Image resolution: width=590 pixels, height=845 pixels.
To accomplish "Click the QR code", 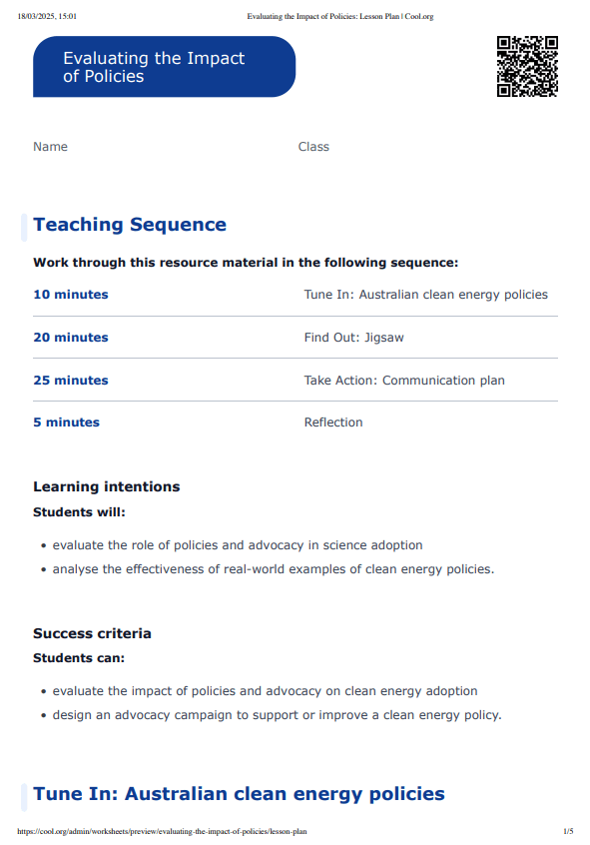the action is tap(527, 66).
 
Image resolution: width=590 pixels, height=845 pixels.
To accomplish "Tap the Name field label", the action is tap(50, 147).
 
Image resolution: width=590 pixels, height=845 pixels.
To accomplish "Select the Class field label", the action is tap(313, 147).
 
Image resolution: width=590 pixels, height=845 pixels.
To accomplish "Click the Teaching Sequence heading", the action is tap(130, 225).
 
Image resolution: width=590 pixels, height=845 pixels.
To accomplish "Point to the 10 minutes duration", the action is tap(71, 295).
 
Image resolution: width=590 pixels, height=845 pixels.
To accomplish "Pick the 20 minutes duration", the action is tap(71, 338).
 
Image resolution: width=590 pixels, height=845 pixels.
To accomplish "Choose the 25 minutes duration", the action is tap(71, 381).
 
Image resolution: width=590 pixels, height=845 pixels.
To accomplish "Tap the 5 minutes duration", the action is tap(67, 422).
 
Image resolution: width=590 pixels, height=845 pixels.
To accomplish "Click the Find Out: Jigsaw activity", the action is tap(353, 338).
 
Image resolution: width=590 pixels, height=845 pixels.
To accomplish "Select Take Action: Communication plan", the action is tap(404, 381).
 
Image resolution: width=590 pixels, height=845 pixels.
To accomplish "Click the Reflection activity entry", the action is tap(333, 422).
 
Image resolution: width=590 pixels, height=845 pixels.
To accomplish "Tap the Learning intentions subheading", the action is tap(107, 486).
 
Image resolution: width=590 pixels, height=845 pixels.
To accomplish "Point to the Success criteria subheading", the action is tap(92, 633).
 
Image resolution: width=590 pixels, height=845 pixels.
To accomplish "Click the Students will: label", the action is tap(80, 511).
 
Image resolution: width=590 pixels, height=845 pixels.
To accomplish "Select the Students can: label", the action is tap(79, 657).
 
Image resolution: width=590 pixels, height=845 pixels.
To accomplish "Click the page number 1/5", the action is tap(568, 831).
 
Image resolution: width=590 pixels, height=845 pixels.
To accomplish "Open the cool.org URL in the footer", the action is tap(162, 831).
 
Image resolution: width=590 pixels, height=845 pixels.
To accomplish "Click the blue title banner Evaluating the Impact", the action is tap(164, 67).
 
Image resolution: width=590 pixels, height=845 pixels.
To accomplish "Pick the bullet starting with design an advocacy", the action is tap(277, 714).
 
